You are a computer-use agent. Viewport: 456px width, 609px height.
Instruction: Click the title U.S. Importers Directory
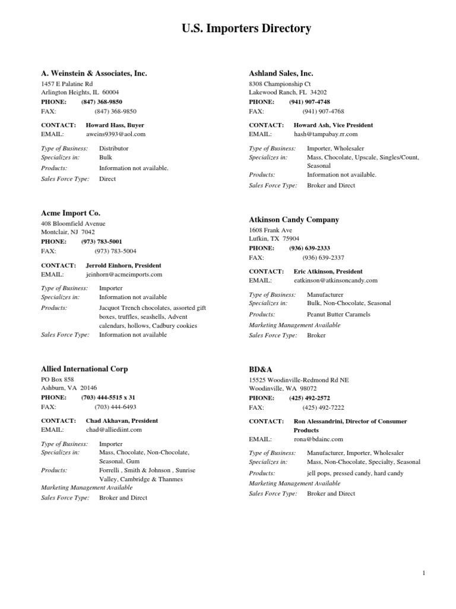[246, 29]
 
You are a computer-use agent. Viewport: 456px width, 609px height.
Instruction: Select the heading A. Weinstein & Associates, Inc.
[94, 73]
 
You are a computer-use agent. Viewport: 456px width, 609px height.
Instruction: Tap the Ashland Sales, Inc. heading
[281, 73]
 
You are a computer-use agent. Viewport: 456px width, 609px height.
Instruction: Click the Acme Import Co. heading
[71, 212]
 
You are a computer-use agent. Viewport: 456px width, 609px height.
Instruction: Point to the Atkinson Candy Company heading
[294, 219]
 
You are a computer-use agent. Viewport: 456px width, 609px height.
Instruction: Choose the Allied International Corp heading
[84, 369]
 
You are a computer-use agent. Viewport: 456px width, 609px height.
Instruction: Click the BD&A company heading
[260, 369]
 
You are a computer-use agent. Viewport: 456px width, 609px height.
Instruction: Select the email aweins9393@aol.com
[116, 134]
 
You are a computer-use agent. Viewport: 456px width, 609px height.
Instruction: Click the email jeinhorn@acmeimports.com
[124, 275]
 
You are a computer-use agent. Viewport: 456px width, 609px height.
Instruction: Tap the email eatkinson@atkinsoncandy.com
[335, 280]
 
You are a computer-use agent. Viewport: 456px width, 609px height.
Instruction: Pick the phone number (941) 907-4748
[314, 102]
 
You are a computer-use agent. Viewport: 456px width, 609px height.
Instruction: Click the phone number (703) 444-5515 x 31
[108, 397]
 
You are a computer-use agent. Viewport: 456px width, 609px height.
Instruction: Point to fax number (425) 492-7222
[323, 407]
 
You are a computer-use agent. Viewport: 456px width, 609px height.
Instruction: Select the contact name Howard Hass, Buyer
[115, 125]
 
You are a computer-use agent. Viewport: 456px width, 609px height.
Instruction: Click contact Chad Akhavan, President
[122, 420]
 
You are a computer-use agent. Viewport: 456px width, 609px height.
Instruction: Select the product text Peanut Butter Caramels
[338, 314]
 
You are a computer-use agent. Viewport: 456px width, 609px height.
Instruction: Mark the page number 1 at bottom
[424, 573]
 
